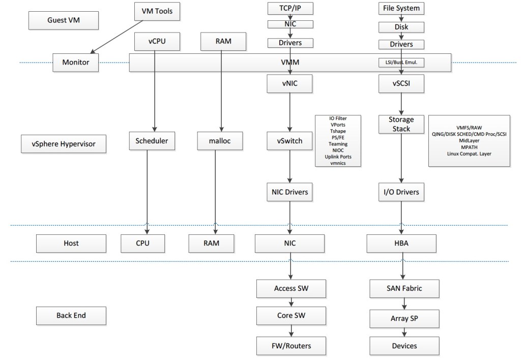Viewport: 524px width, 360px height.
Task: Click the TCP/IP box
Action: [x=289, y=8]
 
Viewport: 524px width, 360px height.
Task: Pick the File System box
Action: [x=401, y=8]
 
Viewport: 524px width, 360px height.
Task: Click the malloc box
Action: [x=220, y=141]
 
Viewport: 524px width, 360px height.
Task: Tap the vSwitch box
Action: [x=289, y=141]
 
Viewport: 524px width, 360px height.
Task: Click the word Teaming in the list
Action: [x=338, y=144]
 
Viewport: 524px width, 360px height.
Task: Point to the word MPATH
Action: [x=469, y=147]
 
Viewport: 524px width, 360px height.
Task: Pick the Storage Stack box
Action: [x=401, y=124]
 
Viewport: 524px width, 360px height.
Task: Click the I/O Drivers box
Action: [x=401, y=192]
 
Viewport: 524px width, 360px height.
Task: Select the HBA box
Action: [x=401, y=243]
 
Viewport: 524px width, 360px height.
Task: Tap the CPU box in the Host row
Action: [x=142, y=243]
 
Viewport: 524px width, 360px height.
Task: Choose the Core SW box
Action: [x=290, y=315]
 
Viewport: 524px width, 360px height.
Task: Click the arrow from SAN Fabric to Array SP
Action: [x=404, y=304]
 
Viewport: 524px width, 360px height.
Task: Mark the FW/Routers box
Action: [x=290, y=346]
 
